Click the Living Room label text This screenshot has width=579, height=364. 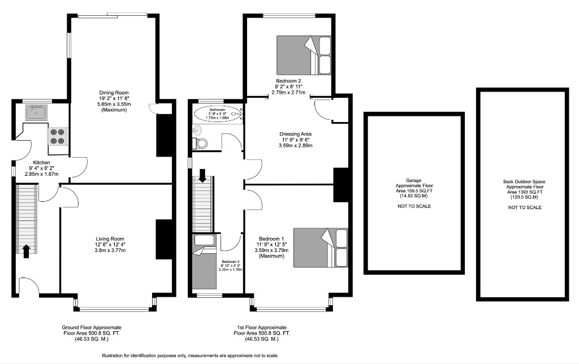point(110,239)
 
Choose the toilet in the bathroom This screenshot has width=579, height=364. point(201,143)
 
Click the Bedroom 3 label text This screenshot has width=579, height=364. point(230,262)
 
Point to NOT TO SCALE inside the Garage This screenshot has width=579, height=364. point(413,206)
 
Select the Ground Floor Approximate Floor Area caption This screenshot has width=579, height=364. point(91,333)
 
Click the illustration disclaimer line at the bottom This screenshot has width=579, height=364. point(190,356)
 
